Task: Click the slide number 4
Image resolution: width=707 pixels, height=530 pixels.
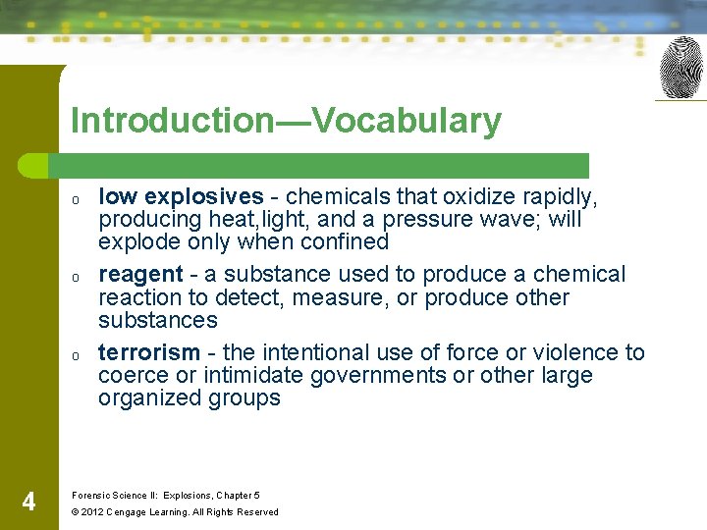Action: pyautogui.click(x=28, y=503)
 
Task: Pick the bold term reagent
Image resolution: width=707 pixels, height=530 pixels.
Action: pyautogui.click(x=140, y=275)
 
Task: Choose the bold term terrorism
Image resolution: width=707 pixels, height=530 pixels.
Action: pyautogui.click(x=148, y=353)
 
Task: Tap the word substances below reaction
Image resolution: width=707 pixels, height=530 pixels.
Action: pyautogui.click(x=157, y=320)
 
